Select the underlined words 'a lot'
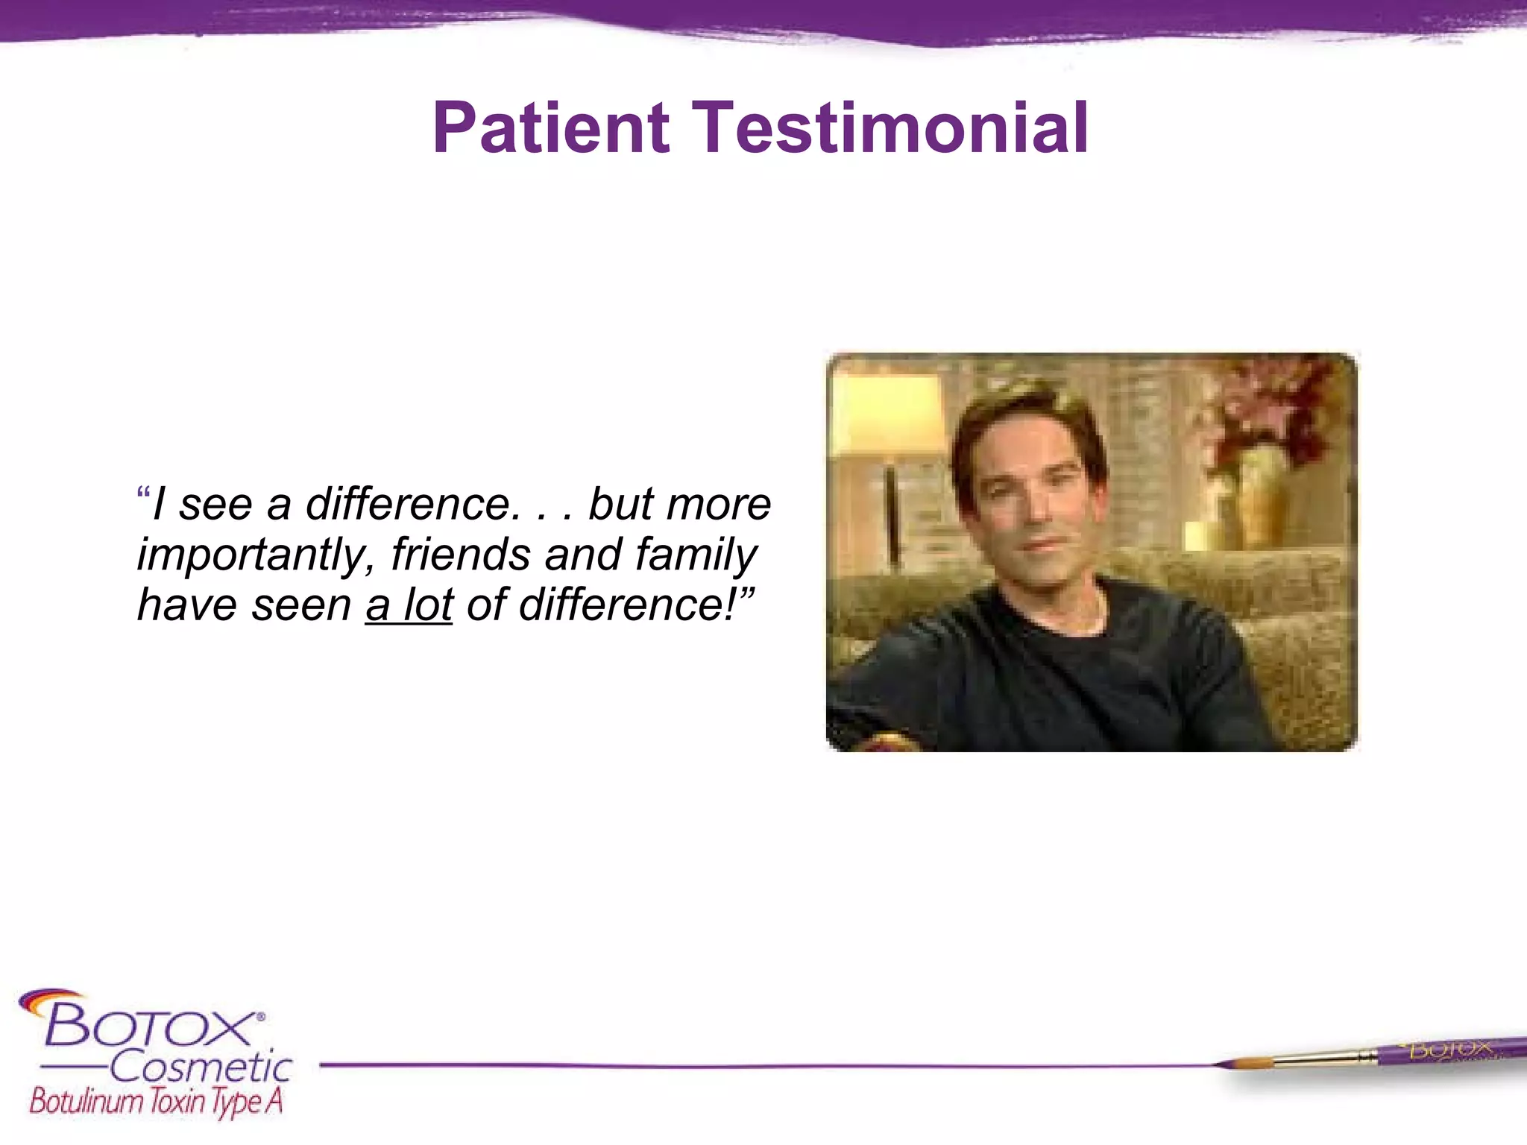click(x=409, y=605)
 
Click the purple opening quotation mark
click(x=143, y=494)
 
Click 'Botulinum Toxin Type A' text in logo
click(x=157, y=1102)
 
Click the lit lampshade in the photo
click(x=887, y=417)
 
